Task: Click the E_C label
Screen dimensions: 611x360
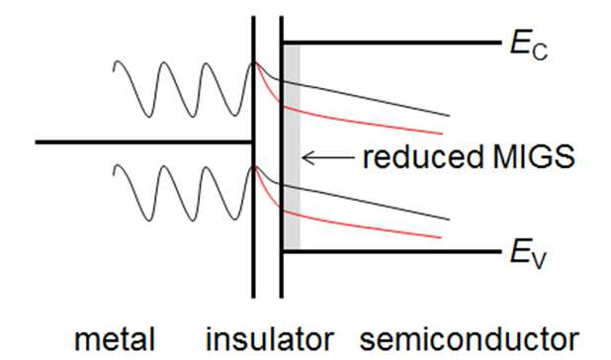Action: point(529,47)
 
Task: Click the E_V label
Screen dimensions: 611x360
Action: point(529,255)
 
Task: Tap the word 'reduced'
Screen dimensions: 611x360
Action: point(422,156)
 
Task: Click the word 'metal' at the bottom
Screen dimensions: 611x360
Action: point(115,339)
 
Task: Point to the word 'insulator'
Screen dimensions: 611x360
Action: point(270,339)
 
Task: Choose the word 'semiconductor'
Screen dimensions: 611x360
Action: point(470,339)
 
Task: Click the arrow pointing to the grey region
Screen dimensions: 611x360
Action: point(328,157)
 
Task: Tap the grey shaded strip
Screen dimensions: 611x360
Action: point(292,146)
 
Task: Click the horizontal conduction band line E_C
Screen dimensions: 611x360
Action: point(392,43)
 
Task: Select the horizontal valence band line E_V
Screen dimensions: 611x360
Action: point(392,251)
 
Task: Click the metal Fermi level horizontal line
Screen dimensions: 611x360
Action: point(143,142)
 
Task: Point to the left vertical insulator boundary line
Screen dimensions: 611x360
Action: point(253,157)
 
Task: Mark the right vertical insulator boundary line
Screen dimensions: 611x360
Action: point(282,157)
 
